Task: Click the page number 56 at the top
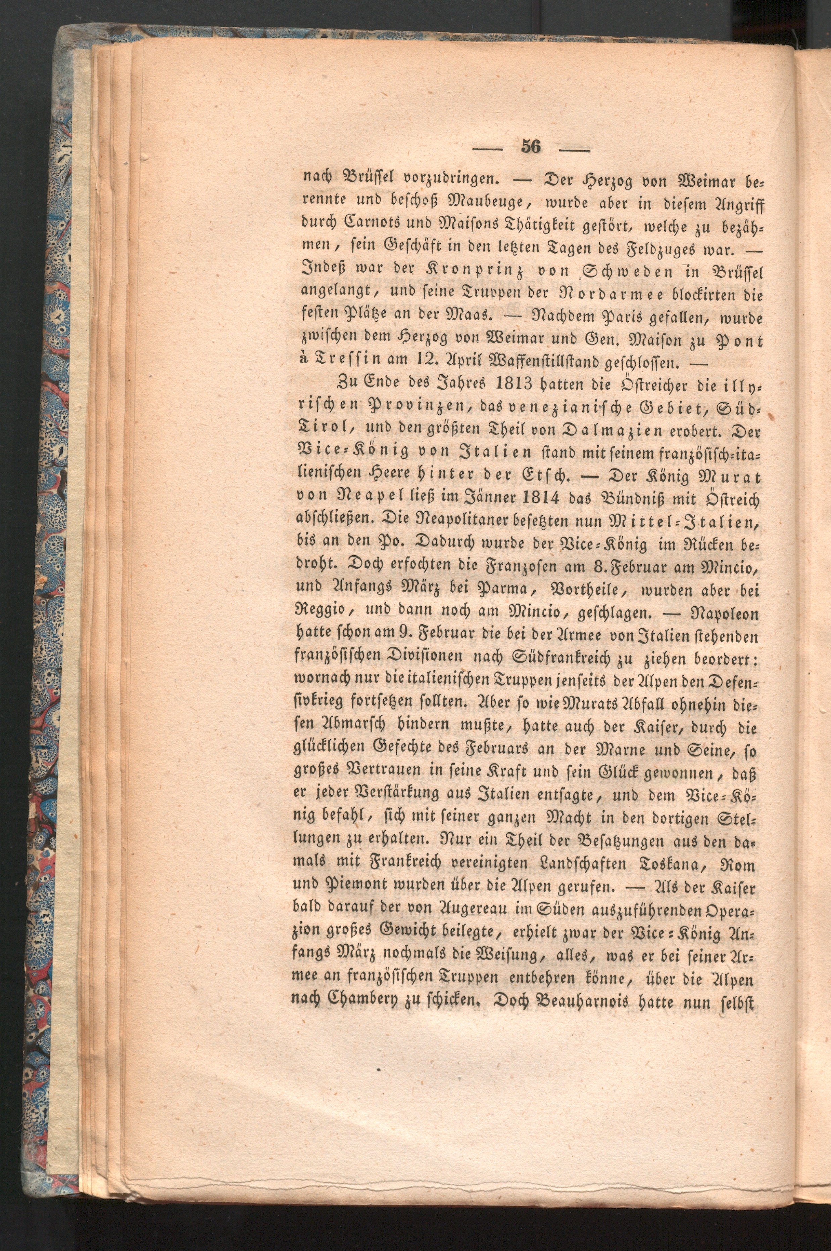click(531, 147)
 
